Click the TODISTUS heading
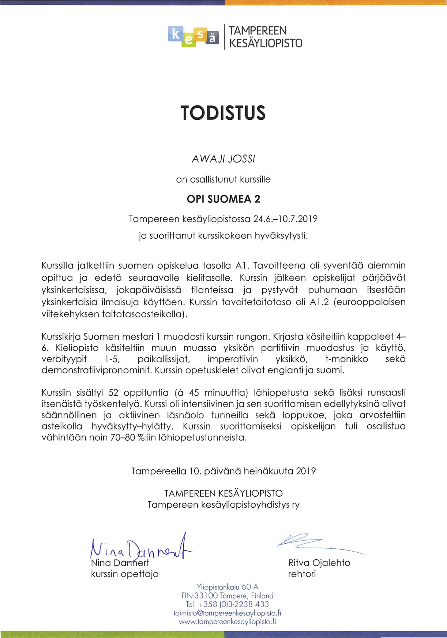[x=223, y=113]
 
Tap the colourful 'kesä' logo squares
[x=193, y=37]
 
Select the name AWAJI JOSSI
[x=223, y=159]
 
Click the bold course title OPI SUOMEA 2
[x=223, y=199]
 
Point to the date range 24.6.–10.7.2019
[x=285, y=219]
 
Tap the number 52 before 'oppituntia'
[x=113, y=393]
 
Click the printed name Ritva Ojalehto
[x=319, y=563]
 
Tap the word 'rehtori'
[x=302, y=574]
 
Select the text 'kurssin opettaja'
[x=125, y=574]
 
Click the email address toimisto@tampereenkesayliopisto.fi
[x=227, y=613]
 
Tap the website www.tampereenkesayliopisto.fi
[x=227, y=622]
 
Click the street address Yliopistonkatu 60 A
[x=227, y=587]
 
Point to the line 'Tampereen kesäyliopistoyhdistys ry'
[x=223, y=505]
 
